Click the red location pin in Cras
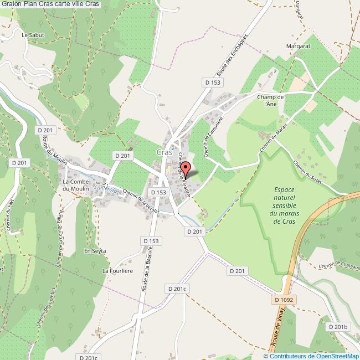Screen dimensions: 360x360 [x=186, y=168]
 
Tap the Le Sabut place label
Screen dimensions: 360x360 [x=32, y=34]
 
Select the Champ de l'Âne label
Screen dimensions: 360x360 [x=270, y=100]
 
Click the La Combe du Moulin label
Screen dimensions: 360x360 [x=74, y=185]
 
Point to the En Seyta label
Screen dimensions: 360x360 [x=95, y=251]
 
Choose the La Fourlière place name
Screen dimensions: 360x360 [x=115, y=271]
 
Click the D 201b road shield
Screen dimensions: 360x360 [x=337, y=327]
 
